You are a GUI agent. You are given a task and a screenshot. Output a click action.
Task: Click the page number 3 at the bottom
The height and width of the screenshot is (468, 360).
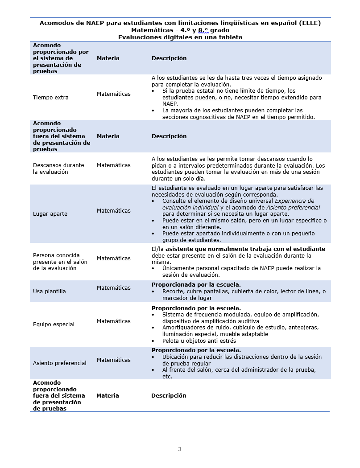(x=180, y=449)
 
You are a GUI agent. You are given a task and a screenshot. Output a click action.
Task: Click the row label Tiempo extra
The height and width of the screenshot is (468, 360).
(x=51, y=98)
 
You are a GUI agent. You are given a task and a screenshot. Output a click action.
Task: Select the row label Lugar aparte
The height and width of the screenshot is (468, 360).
(x=50, y=214)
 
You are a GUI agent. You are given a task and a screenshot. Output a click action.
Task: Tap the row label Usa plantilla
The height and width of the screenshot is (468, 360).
(x=50, y=291)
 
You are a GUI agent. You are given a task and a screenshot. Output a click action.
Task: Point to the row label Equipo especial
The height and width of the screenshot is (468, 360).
(x=54, y=324)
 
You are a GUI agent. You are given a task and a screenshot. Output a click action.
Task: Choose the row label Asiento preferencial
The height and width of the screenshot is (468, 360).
(x=60, y=363)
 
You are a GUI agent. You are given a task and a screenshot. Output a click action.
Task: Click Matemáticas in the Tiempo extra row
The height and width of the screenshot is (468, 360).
(x=114, y=94)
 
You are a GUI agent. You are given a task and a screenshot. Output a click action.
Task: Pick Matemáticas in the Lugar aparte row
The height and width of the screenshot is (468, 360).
(x=114, y=211)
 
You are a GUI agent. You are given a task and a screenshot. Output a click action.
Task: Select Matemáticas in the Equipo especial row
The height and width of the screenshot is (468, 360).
(x=114, y=321)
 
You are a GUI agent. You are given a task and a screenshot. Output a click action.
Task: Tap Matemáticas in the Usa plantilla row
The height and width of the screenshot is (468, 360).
(x=114, y=288)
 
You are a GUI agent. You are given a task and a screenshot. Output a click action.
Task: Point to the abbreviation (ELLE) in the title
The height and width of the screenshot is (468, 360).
(x=310, y=23)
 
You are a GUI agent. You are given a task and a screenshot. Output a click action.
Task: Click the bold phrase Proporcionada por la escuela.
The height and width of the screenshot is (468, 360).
(x=196, y=285)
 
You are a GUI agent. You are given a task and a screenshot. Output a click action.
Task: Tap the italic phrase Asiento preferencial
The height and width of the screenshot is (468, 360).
(x=293, y=208)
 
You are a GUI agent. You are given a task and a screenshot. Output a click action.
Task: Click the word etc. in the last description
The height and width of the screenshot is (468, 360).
(x=167, y=376)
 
